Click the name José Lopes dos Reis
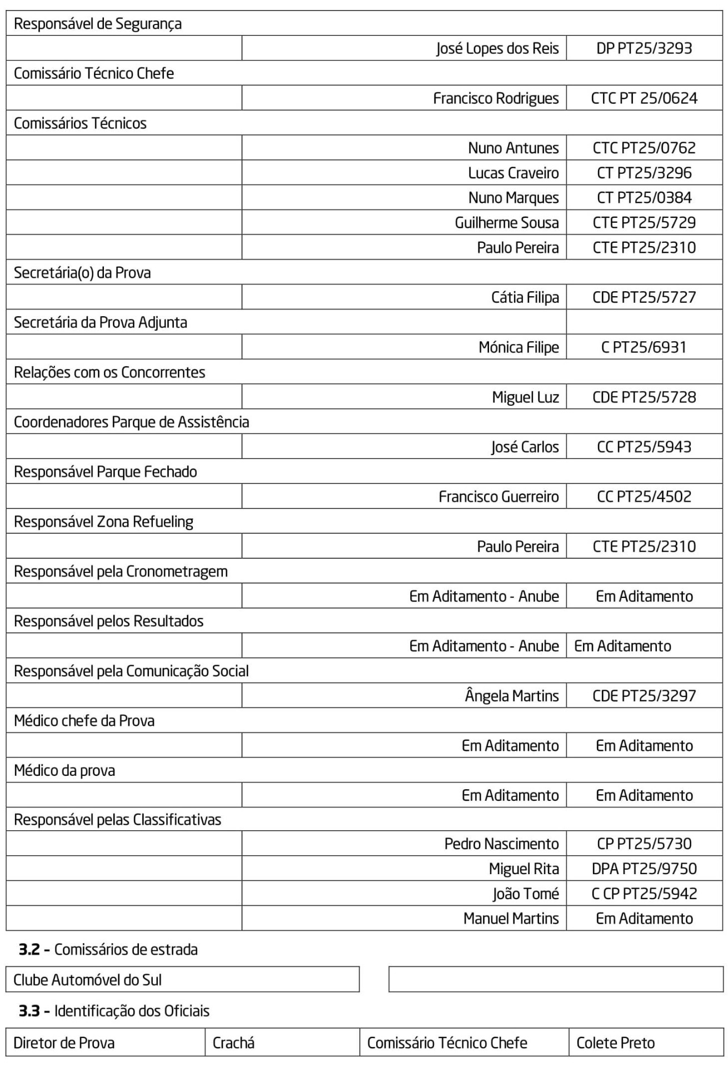497,48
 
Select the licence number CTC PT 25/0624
644,98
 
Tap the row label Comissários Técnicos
80,123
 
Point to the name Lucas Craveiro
513,173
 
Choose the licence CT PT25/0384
644,198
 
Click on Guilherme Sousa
506,223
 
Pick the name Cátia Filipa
525,297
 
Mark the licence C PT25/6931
644,347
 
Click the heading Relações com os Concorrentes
109,372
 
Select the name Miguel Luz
525,397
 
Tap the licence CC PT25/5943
644,447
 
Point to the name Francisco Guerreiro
498,497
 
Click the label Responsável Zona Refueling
103,522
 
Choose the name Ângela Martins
511,696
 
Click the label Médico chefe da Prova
84,721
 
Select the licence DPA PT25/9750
644,869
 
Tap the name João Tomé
525,894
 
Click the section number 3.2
29,949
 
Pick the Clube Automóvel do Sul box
182,980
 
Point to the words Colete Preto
615,1043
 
